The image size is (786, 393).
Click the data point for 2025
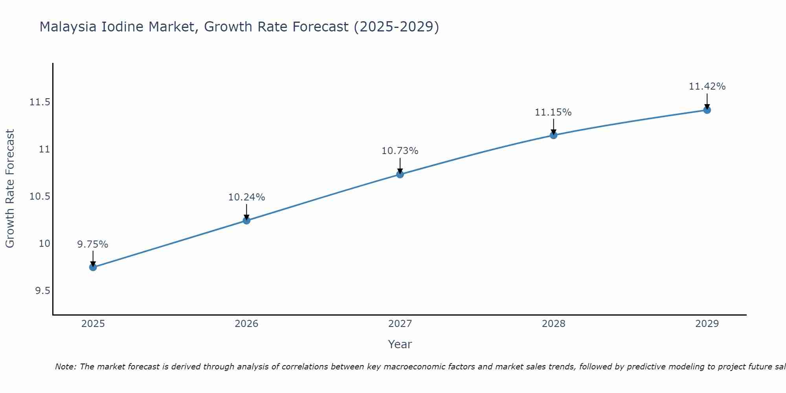coord(93,267)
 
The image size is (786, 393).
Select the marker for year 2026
coord(246,220)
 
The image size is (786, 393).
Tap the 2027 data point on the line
coord(400,174)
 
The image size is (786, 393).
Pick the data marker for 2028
coord(553,135)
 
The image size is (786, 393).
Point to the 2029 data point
coord(707,110)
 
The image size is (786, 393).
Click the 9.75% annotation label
coord(93,244)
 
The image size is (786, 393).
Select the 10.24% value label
coord(246,197)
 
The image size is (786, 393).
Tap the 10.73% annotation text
coord(400,151)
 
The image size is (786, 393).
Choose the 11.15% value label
coord(553,112)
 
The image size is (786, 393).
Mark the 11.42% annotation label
coord(707,86)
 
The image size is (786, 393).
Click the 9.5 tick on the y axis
coord(43,291)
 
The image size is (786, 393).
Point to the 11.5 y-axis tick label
coord(40,103)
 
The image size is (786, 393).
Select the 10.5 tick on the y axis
coord(40,196)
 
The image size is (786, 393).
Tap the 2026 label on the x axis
coord(246,324)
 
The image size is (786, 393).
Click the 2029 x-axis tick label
coord(707,324)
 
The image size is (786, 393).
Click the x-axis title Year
coord(400,344)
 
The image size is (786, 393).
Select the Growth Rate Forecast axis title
coord(10,189)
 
